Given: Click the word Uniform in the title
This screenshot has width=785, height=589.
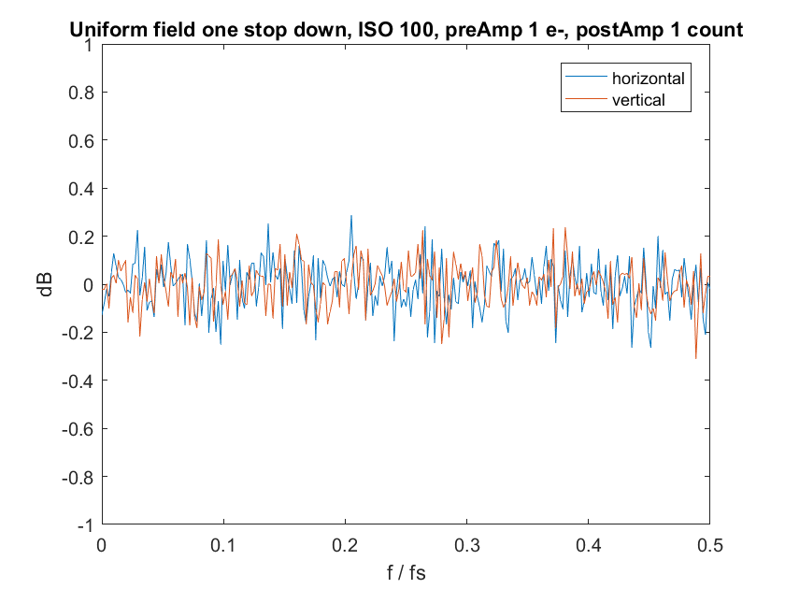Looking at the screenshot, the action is pyautogui.click(x=100, y=30).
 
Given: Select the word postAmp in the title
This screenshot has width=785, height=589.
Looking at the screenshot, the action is pyautogui.click(x=607, y=31).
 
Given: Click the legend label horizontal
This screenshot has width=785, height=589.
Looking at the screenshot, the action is pyautogui.click(x=649, y=79).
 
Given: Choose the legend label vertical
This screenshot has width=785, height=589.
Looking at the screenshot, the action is pyautogui.click(x=638, y=100).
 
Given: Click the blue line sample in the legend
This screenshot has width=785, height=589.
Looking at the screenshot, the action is pyautogui.click(x=586, y=77).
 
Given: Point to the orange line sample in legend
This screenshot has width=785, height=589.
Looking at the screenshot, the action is pyautogui.click(x=586, y=99).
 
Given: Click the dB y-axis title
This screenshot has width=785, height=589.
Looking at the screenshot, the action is pyautogui.click(x=45, y=285).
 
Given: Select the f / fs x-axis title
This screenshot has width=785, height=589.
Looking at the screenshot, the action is pyautogui.click(x=406, y=572).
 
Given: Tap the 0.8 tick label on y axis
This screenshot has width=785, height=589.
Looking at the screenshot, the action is pyautogui.click(x=81, y=93).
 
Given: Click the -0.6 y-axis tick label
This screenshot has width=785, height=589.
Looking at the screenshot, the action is pyautogui.click(x=78, y=429).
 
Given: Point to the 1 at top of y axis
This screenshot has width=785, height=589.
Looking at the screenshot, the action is pyautogui.click(x=89, y=45).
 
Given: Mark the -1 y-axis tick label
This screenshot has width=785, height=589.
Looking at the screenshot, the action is pyautogui.click(x=86, y=525).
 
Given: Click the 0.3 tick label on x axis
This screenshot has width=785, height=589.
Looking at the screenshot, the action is pyautogui.click(x=466, y=545).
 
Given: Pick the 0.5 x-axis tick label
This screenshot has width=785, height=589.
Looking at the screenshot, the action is pyautogui.click(x=710, y=545).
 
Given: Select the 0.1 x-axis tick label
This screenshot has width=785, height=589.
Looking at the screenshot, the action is pyautogui.click(x=223, y=545).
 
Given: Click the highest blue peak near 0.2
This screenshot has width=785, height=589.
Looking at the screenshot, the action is pyautogui.click(x=351, y=216).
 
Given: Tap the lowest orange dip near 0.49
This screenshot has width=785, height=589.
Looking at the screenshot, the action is pyautogui.click(x=696, y=358).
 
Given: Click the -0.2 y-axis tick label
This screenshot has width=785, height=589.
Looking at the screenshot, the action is pyautogui.click(x=78, y=333).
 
